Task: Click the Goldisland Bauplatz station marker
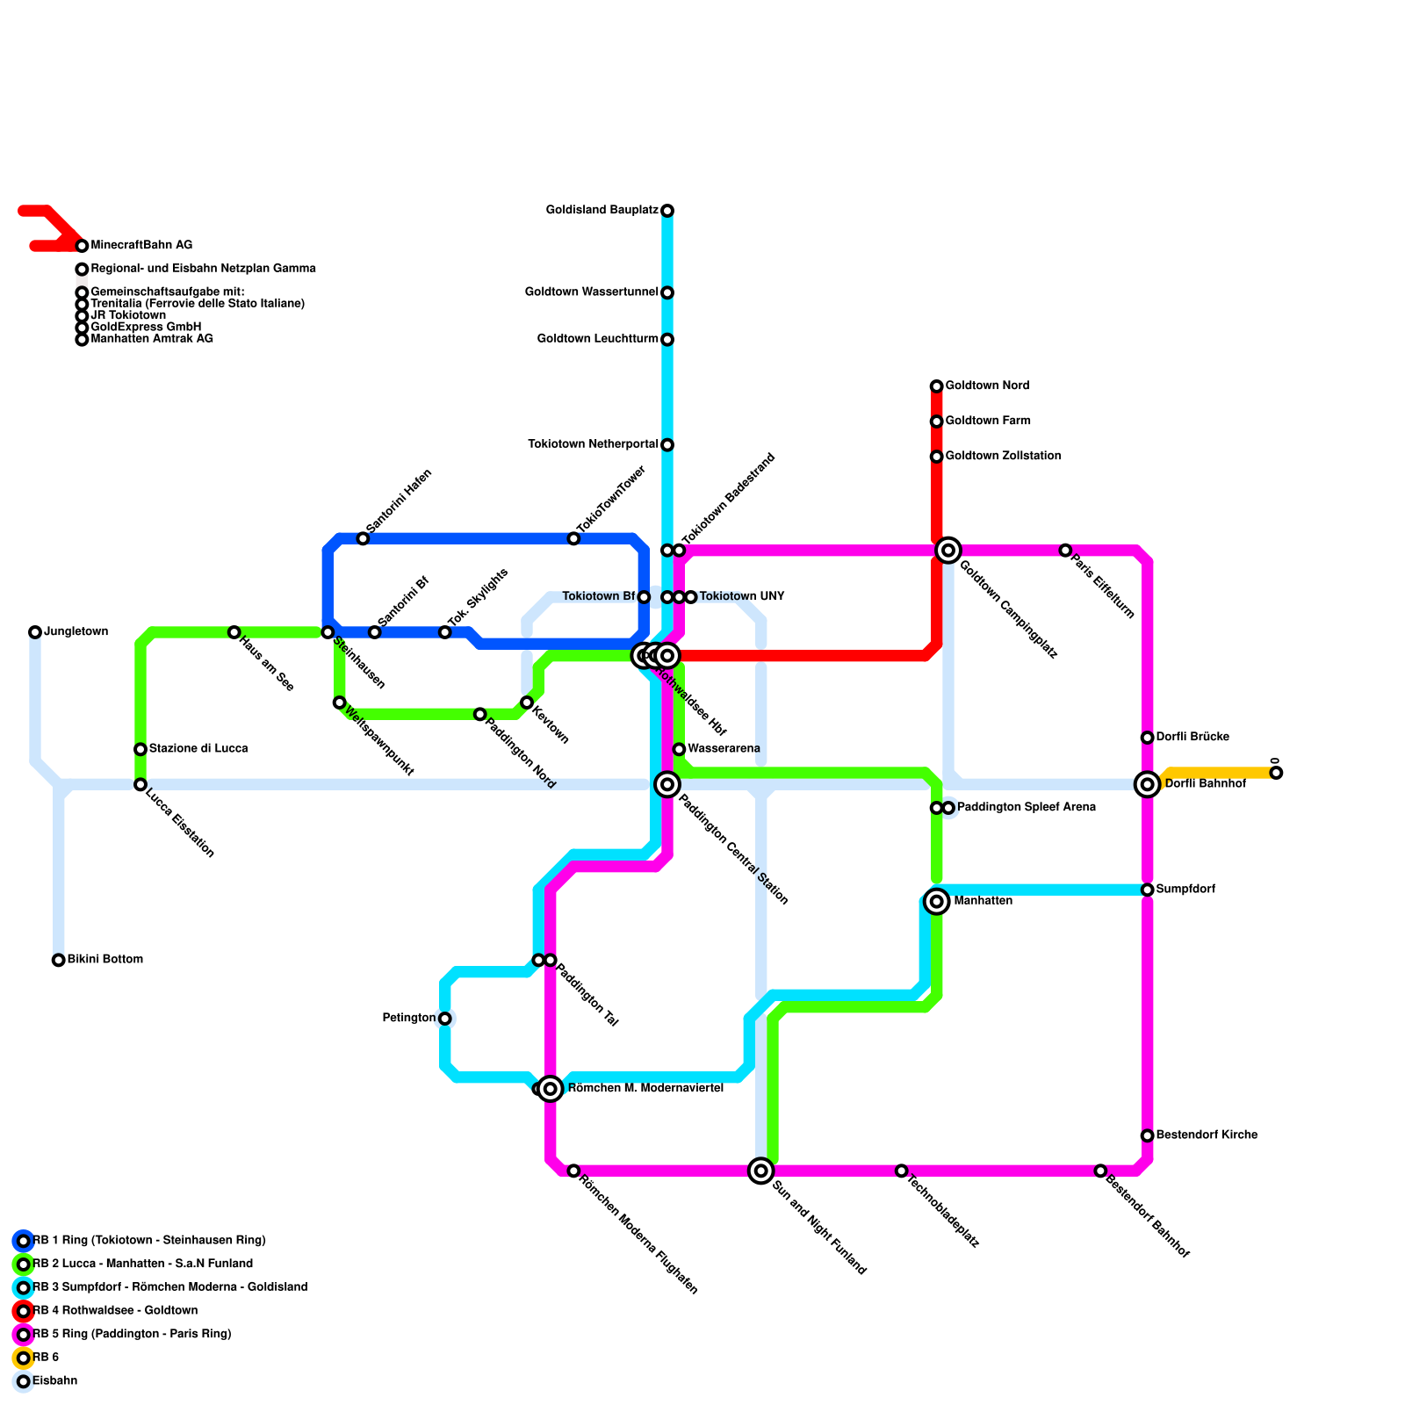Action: [667, 211]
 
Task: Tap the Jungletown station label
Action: [76, 632]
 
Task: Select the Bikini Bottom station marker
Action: [58, 960]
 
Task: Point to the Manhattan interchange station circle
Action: [937, 902]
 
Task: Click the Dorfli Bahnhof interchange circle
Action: [1148, 784]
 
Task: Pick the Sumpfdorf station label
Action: [1185, 890]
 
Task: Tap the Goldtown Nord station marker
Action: [937, 386]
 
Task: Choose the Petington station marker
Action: [445, 1019]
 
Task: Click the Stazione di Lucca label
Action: [198, 749]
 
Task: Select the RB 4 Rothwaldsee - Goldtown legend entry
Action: [115, 1311]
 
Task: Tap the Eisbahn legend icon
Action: [24, 1381]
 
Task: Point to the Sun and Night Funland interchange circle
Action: [761, 1171]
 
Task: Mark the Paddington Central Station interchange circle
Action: [667, 784]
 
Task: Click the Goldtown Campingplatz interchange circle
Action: [948, 551]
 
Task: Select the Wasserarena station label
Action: [724, 749]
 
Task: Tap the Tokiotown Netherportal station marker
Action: [667, 445]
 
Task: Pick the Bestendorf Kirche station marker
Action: [1148, 1135]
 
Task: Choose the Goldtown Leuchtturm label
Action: [597, 340]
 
